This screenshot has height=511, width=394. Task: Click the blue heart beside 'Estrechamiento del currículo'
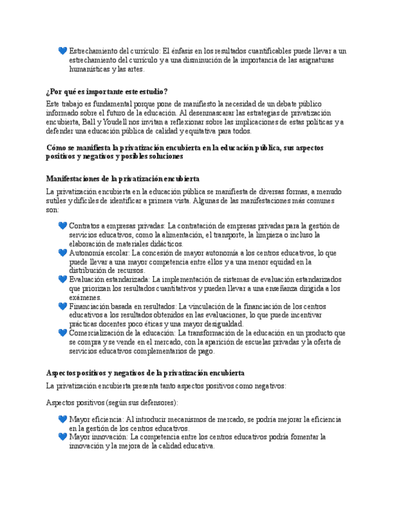[63, 51]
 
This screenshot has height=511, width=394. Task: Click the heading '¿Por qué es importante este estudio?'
[107, 92]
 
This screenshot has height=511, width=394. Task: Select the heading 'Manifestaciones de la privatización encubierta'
[123, 179]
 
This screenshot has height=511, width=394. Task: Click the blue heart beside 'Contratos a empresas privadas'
[63, 226]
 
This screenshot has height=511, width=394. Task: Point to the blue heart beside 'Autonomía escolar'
[63, 253]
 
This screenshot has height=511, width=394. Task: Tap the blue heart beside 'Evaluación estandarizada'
[63, 280]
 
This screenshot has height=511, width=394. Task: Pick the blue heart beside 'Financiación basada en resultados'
[63, 306]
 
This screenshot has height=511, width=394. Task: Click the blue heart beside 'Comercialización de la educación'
[63, 333]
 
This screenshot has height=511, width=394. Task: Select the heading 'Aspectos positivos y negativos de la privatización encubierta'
[145, 374]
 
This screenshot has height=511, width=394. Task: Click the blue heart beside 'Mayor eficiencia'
[63, 419]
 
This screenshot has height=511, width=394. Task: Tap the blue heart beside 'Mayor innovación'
[63, 436]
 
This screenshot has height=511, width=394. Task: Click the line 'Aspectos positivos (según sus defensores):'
[112, 403]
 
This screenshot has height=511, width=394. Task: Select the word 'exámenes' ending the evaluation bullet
[85, 298]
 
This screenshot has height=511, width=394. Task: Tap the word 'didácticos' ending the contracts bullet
[164, 244]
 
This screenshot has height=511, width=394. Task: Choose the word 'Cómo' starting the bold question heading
[56, 148]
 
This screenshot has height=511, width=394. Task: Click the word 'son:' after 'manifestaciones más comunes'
[52, 210]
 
